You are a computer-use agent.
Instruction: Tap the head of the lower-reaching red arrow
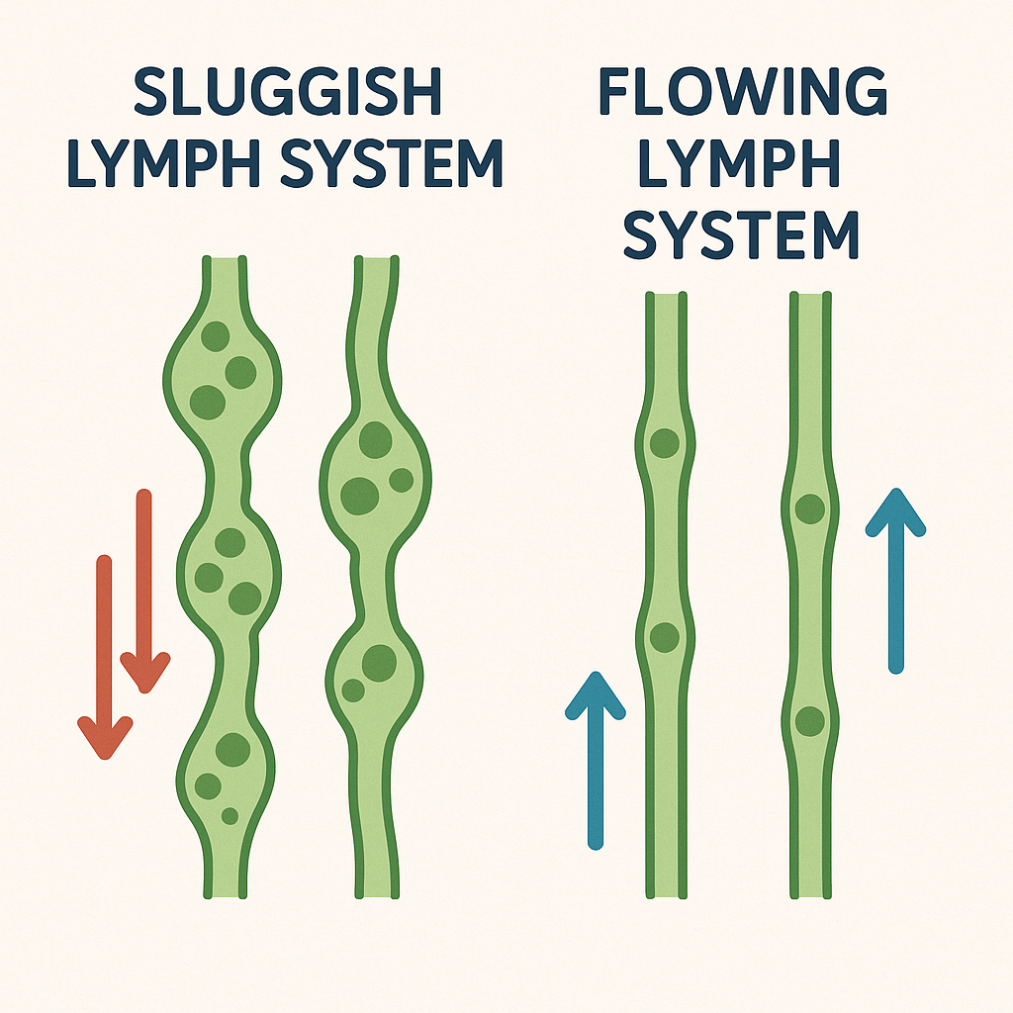[x=105, y=738]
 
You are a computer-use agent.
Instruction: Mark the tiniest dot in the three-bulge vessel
[x=230, y=816]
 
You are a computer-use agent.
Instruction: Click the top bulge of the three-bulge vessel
[x=222, y=371]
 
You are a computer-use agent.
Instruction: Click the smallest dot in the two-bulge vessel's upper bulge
[x=401, y=481]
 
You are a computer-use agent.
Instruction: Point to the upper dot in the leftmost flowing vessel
[x=665, y=442]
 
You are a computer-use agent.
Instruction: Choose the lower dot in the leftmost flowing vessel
[x=665, y=636]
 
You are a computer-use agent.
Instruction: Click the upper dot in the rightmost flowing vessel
[x=810, y=509]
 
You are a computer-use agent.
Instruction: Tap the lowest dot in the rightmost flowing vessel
[x=810, y=720]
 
